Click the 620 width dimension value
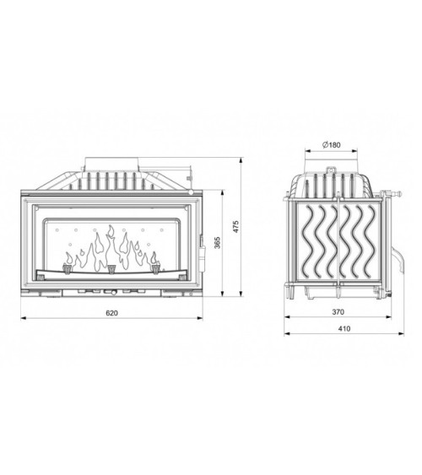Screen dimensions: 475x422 [x=112, y=312]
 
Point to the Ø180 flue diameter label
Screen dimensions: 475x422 [x=331, y=145]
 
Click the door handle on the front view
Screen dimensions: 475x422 [x=202, y=245]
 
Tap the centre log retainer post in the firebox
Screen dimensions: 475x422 [x=111, y=270]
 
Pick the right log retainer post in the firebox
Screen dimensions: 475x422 [x=155, y=270]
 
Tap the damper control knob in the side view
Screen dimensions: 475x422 [x=391, y=200]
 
